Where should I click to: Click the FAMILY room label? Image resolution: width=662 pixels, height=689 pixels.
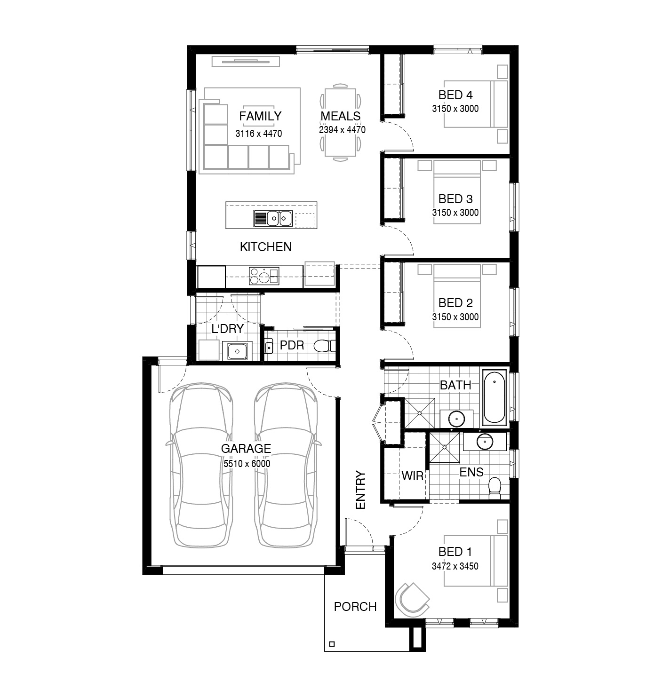260,116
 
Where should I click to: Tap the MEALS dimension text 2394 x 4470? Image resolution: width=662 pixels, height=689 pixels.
342,130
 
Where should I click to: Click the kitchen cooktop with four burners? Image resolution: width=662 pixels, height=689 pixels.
264,276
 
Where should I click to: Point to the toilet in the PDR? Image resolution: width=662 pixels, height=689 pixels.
325,346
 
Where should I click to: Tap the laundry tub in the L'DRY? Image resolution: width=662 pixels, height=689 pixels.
237,351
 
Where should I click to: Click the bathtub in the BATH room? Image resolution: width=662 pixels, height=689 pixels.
494,396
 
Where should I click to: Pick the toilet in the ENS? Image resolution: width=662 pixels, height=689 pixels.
495,488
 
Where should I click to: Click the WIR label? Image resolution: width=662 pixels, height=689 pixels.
412,476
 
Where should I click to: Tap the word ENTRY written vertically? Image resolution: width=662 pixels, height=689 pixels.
360,490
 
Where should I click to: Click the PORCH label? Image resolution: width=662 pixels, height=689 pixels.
355,607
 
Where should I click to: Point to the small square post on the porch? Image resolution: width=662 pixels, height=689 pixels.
332,644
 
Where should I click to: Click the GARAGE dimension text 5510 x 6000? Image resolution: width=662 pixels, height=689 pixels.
247,463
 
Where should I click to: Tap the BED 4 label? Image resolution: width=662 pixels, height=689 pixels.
455,95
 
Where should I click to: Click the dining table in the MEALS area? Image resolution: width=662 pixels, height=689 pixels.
340,122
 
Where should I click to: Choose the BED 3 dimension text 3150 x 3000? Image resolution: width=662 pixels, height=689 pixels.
455,213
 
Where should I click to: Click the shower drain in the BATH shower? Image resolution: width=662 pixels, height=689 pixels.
419,413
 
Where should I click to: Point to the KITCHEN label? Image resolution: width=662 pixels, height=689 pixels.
266,247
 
